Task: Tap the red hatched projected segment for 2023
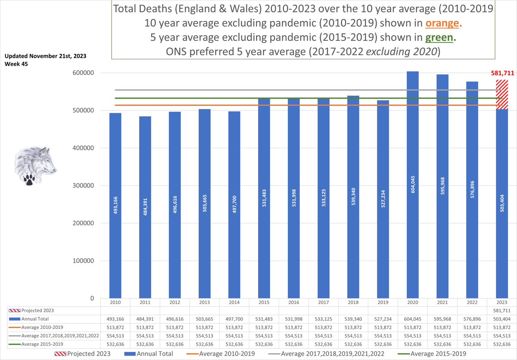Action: coord(502,95)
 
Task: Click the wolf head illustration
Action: coord(35,161)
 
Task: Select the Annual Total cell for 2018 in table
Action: coord(353,319)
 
